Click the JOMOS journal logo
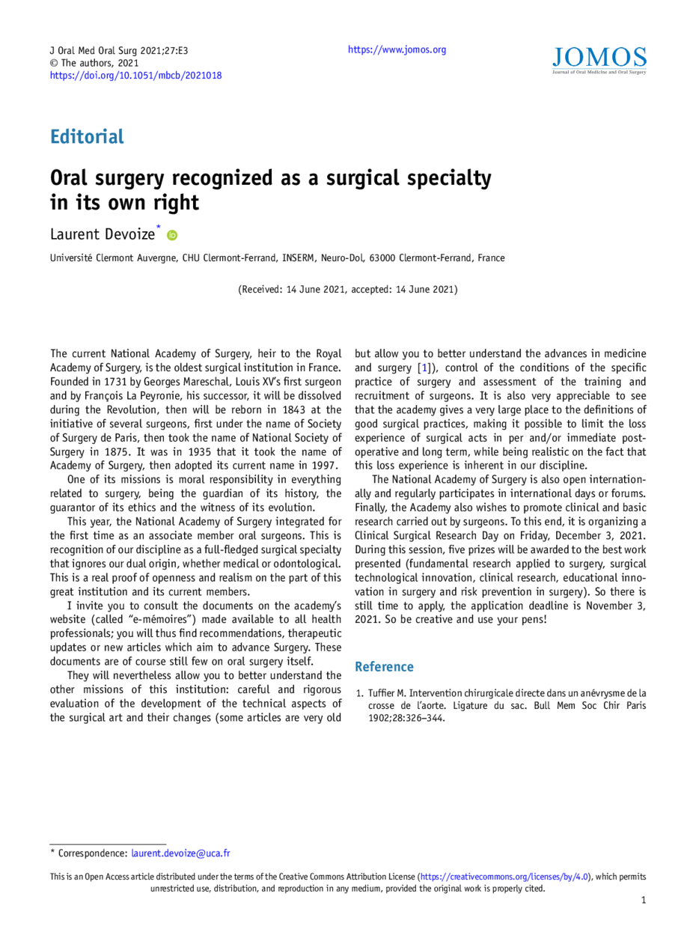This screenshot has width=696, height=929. point(599,61)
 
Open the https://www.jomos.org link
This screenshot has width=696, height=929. point(397,50)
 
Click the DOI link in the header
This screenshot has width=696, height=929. point(135,76)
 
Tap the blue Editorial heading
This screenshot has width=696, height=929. point(87,136)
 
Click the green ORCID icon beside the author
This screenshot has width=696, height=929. point(172,235)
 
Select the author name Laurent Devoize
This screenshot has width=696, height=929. point(103,234)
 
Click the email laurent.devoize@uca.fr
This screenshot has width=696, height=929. point(180,853)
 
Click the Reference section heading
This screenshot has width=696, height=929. point(384,666)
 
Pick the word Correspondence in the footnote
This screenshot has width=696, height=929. point(93,853)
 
